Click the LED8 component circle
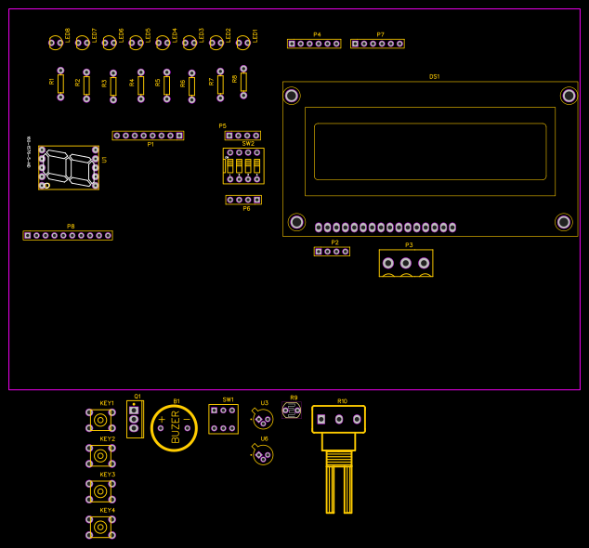click(x=55, y=42)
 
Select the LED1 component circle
click(x=242, y=42)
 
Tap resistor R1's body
click(x=60, y=84)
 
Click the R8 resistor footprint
click(x=243, y=82)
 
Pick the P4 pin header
click(x=314, y=44)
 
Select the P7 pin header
click(x=377, y=44)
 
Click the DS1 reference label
click(x=434, y=76)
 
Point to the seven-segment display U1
click(x=69, y=168)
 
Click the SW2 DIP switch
click(x=243, y=165)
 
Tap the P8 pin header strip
click(x=68, y=235)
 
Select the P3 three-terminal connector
click(x=406, y=263)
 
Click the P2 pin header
click(x=332, y=251)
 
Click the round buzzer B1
click(x=174, y=428)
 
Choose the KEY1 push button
click(x=100, y=420)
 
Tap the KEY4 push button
click(x=100, y=527)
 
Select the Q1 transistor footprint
click(x=135, y=419)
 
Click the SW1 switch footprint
click(x=223, y=419)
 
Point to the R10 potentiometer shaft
click(x=339, y=483)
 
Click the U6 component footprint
click(x=263, y=454)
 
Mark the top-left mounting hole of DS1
click(x=292, y=96)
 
